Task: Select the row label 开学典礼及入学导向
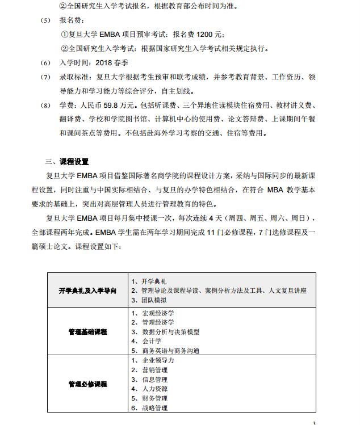(x=87, y=291)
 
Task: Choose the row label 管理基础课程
(x=87, y=331)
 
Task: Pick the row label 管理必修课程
(x=87, y=384)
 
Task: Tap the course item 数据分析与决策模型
(x=169, y=332)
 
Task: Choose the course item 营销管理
(x=153, y=370)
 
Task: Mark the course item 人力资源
(x=153, y=389)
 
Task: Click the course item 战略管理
(x=153, y=407)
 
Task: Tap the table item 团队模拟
(x=153, y=300)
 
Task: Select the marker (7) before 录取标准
(x=46, y=77)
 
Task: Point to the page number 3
(x=314, y=422)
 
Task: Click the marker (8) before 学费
(x=46, y=106)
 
